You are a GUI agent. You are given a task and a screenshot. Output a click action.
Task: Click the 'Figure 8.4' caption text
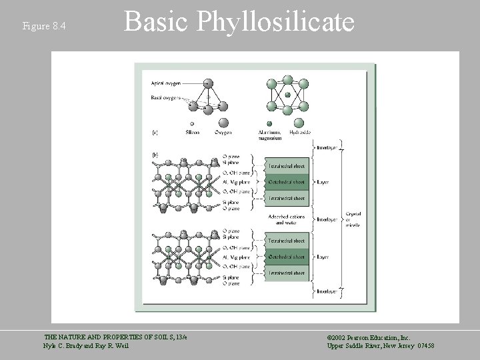[44, 26]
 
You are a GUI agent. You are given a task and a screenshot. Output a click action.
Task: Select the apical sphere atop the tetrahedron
[208, 83]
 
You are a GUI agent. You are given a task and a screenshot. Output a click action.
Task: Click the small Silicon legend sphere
[192, 123]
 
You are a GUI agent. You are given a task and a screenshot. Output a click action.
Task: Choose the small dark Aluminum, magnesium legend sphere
[269, 123]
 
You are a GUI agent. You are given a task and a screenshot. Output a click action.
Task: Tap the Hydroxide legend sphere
[298, 123]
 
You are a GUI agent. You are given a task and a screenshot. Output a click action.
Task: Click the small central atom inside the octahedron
[287, 95]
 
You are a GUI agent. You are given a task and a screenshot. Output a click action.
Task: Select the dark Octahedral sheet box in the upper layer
[287, 181]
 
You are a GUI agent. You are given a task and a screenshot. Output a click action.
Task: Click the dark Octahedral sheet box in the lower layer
[287, 257]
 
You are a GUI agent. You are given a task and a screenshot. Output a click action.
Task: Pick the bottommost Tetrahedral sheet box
[287, 273]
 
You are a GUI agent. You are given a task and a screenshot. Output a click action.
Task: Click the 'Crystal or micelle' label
[353, 219]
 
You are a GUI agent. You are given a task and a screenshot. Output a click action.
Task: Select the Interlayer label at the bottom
[327, 291]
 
